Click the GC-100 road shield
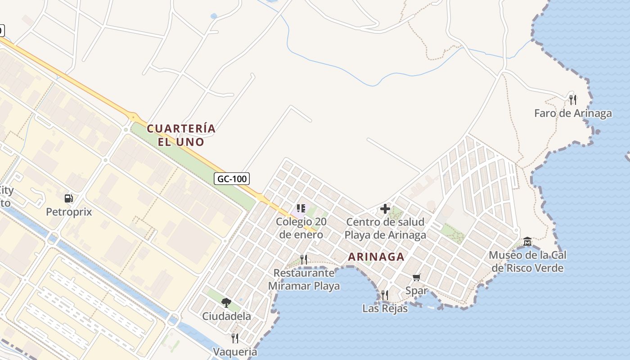pyautogui.click(x=232, y=179)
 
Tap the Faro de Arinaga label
pyautogui.click(x=573, y=113)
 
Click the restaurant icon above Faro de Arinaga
pyautogui.click(x=573, y=99)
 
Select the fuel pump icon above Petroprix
pyautogui.click(x=69, y=198)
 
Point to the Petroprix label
pyautogui.click(x=69, y=211)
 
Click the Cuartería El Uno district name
pyautogui.click(x=181, y=135)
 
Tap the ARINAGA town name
pyautogui.click(x=376, y=257)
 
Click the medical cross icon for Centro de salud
pyautogui.click(x=385, y=209)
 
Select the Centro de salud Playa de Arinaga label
pyautogui.click(x=385, y=229)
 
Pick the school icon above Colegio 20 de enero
pyautogui.click(x=301, y=208)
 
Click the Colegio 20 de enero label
pyautogui.click(x=301, y=228)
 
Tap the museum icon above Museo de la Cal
pyautogui.click(x=527, y=242)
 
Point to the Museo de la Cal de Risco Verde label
pyautogui.click(x=527, y=261)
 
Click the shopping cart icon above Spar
pyautogui.click(x=417, y=277)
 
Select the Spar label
pyautogui.click(x=417, y=291)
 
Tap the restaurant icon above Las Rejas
pyautogui.click(x=385, y=295)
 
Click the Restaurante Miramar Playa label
pyautogui.click(x=304, y=279)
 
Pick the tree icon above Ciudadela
pyautogui.click(x=226, y=302)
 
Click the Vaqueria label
pyautogui.click(x=235, y=351)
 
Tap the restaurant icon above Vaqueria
pyautogui.click(x=235, y=338)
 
